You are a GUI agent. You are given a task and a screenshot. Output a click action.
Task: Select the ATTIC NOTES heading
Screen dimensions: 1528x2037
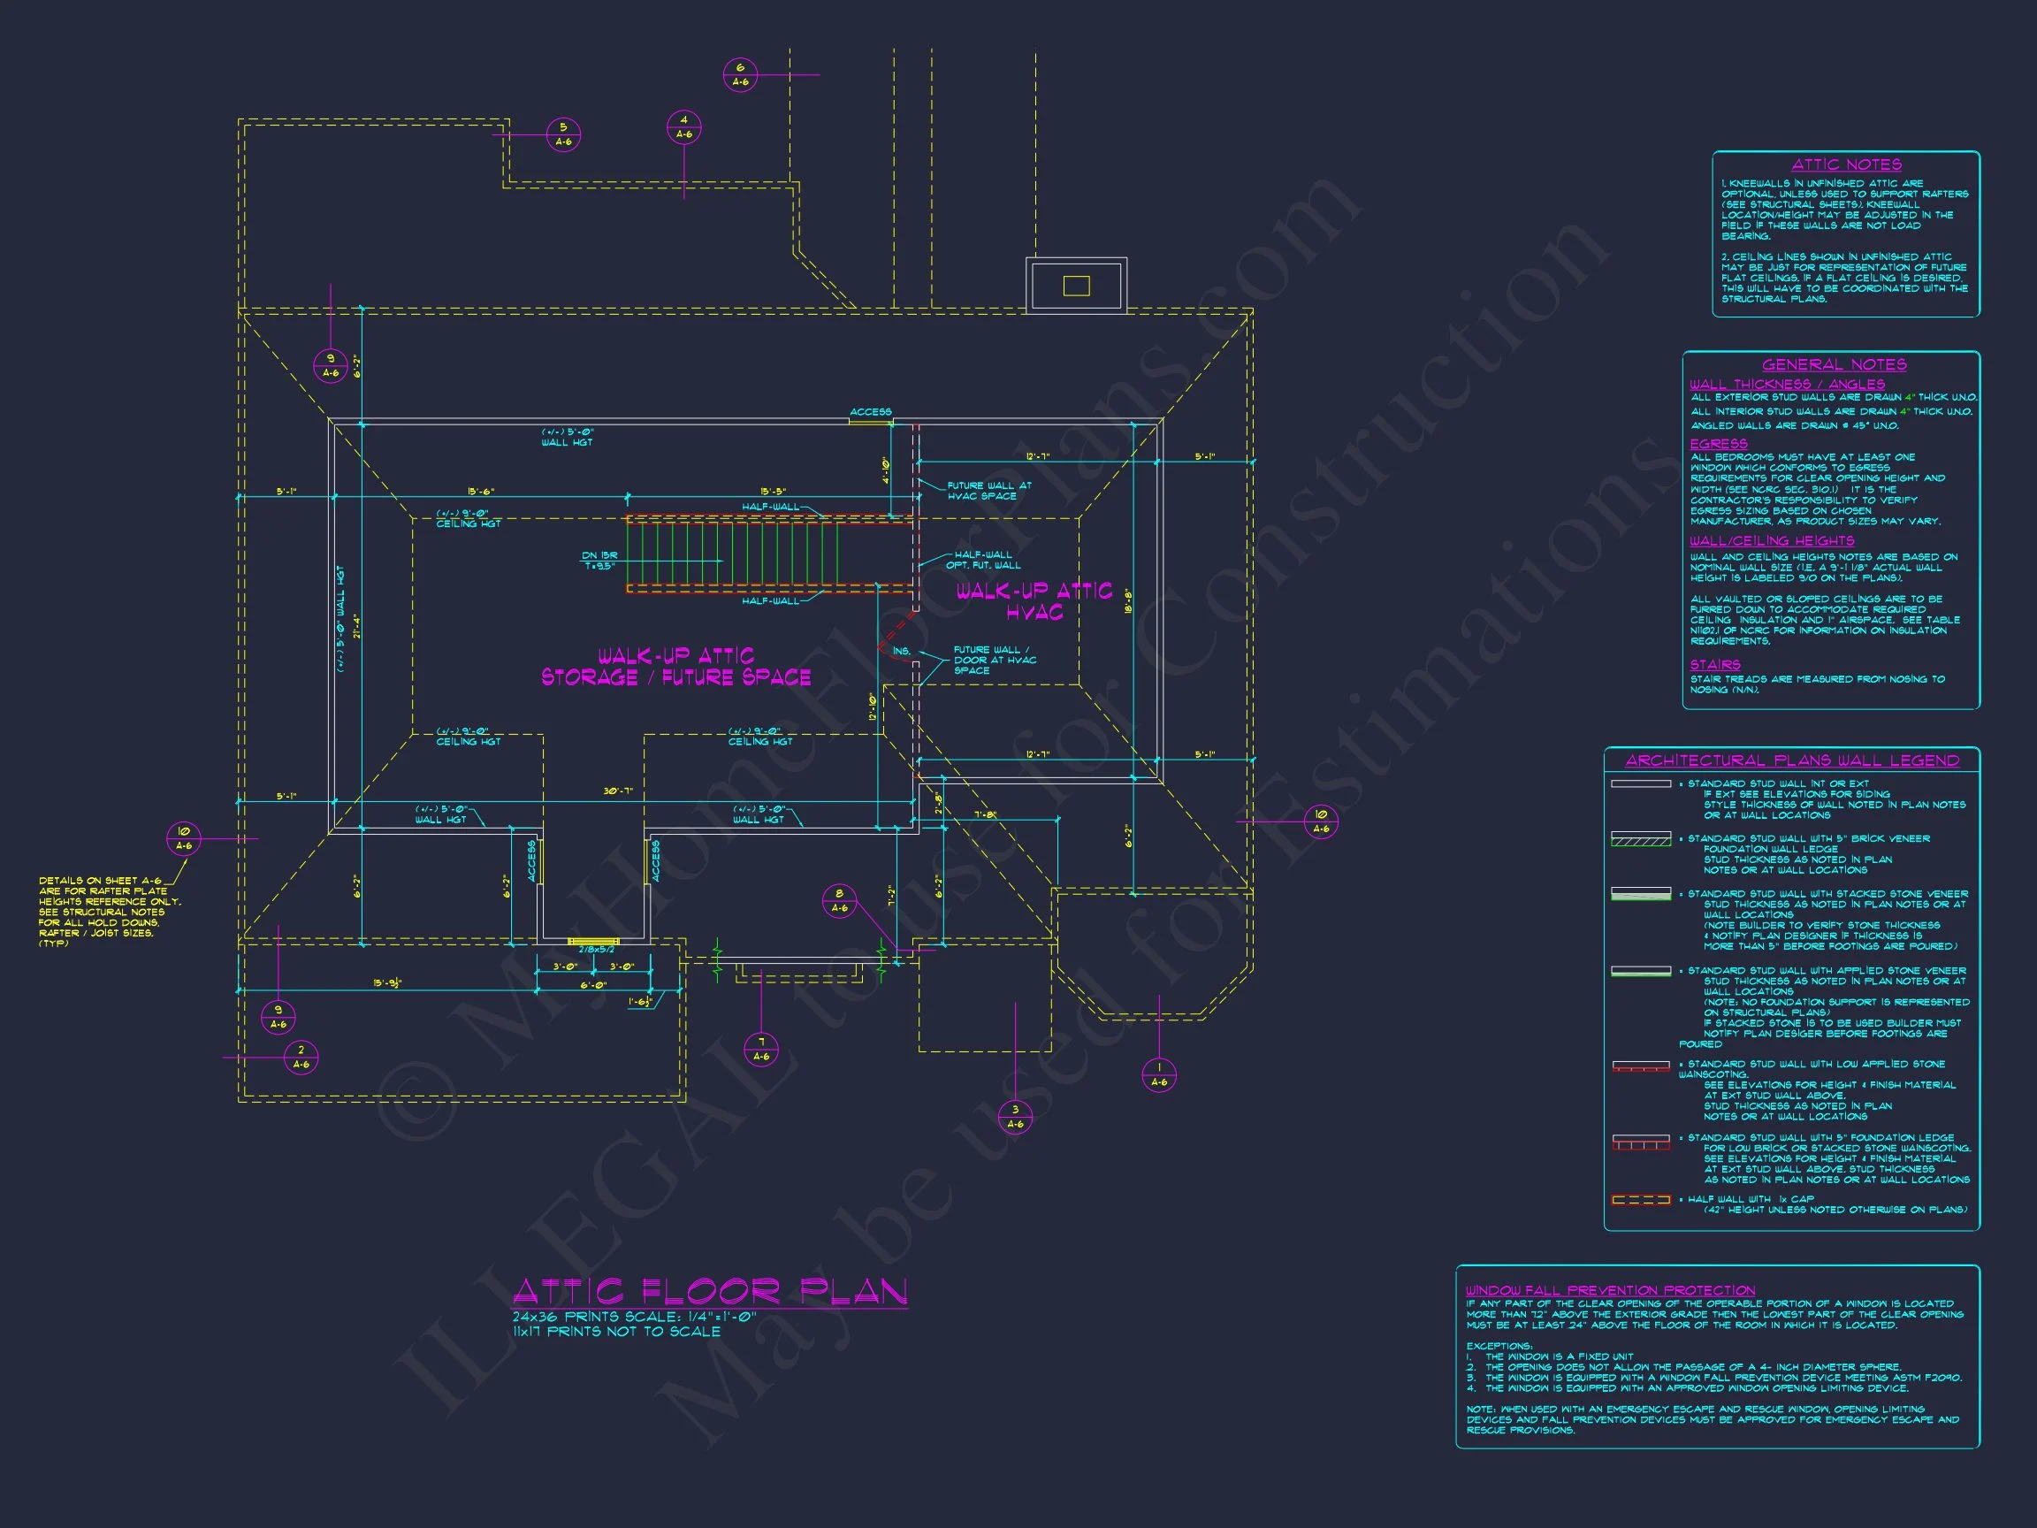click(x=1846, y=164)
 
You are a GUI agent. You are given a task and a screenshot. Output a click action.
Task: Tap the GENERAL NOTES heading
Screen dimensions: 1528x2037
click(x=1835, y=364)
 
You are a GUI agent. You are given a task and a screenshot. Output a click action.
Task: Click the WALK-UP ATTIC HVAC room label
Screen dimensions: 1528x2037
click(x=1034, y=601)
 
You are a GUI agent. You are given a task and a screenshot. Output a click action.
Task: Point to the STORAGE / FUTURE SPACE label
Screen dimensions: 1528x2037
click(x=676, y=678)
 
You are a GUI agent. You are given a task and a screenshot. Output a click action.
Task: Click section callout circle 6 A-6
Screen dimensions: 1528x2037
click(x=740, y=74)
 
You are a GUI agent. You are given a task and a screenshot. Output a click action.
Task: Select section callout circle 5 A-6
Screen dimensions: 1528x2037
click(x=563, y=134)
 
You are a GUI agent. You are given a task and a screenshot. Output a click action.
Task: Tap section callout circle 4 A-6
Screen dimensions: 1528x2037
click(x=684, y=127)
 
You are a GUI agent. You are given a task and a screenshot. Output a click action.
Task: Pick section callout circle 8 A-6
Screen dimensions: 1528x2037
click(x=839, y=901)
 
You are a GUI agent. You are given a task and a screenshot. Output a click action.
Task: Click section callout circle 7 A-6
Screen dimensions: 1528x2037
click(x=761, y=1049)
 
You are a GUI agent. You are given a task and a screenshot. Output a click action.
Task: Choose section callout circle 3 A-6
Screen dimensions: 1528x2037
click(x=1015, y=1116)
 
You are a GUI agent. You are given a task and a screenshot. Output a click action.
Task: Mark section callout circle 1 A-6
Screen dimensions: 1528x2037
click(x=1158, y=1075)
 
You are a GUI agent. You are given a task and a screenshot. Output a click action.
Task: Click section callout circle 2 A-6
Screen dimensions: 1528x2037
click(x=301, y=1058)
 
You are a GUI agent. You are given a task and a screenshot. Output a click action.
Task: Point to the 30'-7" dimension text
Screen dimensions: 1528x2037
click(x=618, y=791)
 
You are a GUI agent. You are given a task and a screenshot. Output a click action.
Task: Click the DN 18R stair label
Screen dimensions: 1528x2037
click(x=599, y=561)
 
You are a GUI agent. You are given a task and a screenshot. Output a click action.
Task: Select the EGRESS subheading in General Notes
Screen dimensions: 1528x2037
click(x=1719, y=444)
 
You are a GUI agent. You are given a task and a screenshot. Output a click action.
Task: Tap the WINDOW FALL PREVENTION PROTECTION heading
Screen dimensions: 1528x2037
click(x=1611, y=1290)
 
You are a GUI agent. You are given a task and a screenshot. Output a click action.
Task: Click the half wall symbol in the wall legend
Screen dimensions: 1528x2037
click(x=1640, y=1200)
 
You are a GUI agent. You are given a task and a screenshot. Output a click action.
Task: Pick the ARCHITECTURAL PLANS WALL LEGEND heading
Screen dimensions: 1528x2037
click(x=1792, y=760)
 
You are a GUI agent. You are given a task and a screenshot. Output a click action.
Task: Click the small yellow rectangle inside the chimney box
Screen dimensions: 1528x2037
click(x=1076, y=286)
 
